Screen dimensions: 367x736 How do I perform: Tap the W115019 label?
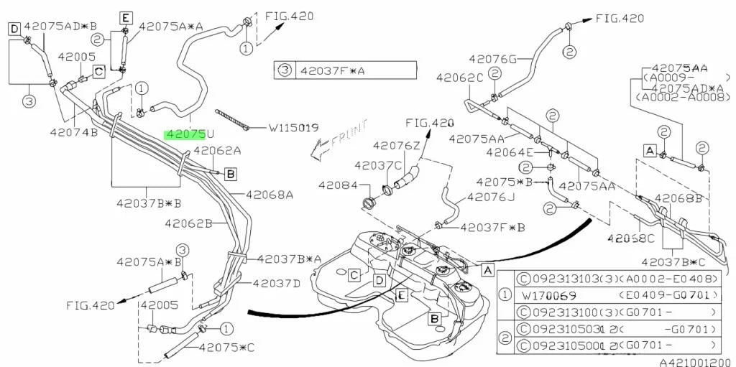tap(293, 129)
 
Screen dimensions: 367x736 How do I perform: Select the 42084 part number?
tap(334, 185)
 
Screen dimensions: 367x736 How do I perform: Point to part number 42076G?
tap(492, 59)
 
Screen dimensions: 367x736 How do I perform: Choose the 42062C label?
tap(459, 77)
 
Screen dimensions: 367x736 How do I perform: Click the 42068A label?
tap(270, 194)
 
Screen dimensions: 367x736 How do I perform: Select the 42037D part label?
tap(277, 283)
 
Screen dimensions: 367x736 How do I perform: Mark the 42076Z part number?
tap(396, 146)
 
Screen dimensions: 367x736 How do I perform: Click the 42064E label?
tap(510, 152)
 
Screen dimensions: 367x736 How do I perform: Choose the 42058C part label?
tap(630, 238)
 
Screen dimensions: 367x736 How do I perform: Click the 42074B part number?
tap(73, 132)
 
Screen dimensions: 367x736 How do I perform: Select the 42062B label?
tap(188, 223)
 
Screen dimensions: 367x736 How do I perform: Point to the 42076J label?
tap(491, 196)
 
